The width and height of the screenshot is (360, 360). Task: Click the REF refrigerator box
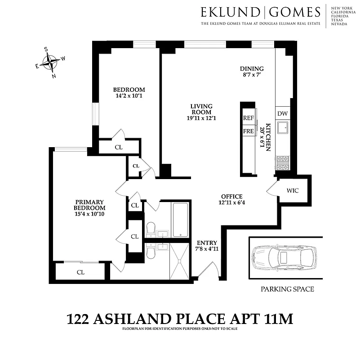(248, 118)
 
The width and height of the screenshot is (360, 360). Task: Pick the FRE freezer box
(248, 131)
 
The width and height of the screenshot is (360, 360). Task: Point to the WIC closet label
(293, 190)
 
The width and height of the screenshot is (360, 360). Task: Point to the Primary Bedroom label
(90, 205)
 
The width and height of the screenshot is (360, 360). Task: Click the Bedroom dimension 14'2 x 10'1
(129, 96)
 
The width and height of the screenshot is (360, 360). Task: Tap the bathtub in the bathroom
(181, 220)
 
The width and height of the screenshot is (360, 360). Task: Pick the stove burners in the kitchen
(283, 163)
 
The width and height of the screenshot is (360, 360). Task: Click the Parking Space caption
(287, 289)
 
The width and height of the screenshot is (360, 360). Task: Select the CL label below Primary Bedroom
(80, 272)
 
